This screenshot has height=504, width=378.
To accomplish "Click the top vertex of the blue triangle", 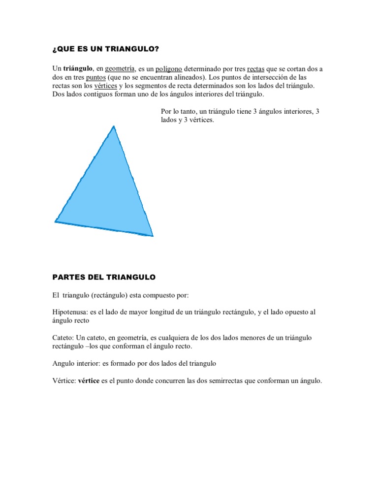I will [114, 127].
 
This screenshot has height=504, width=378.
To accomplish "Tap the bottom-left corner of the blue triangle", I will [55, 221].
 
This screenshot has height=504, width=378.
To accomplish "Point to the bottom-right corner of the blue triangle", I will [152, 235].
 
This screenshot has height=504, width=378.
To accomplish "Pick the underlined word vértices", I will [105, 86].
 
